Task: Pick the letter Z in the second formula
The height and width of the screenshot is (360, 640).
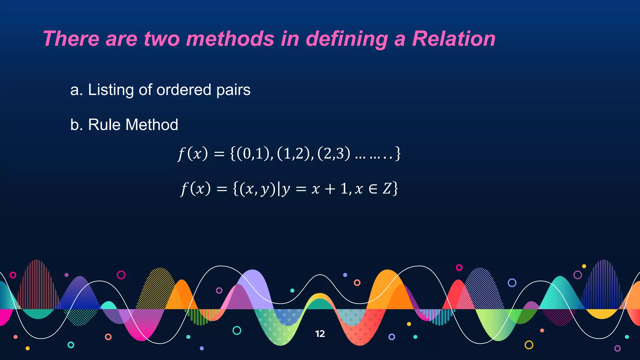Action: [387, 189]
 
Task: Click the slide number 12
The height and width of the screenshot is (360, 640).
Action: [320, 334]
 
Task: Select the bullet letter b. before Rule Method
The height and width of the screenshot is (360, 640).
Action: [77, 125]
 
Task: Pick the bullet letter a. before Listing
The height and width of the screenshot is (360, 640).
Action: [77, 90]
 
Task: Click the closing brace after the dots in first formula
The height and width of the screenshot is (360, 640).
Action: [397, 153]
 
